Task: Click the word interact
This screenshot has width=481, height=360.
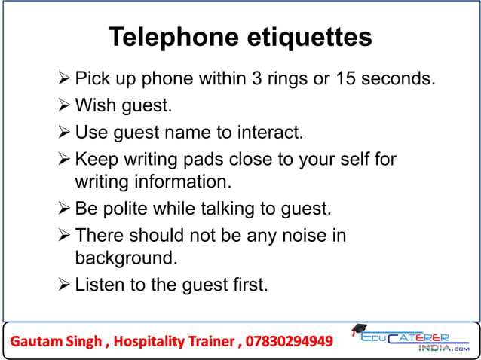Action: (272, 133)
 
